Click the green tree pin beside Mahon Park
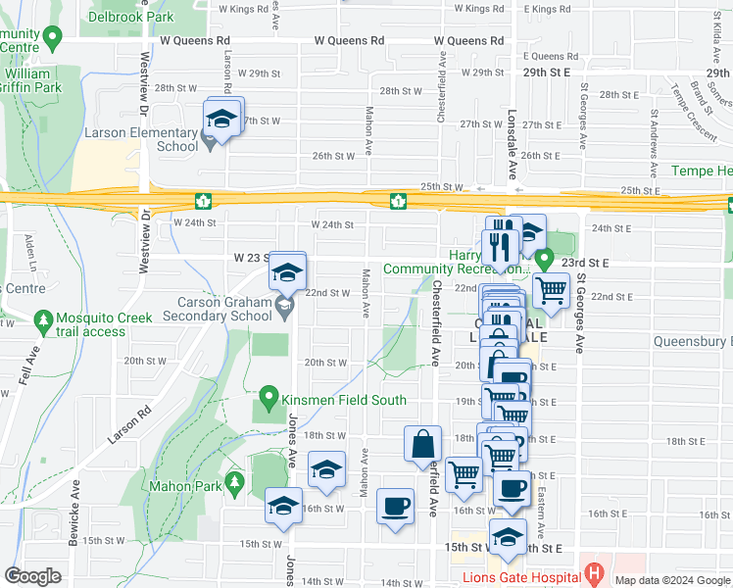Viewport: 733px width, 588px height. pyautogui.click(x=234, y=482)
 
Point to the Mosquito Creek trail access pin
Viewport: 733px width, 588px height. pyautogui.click(x=42, y=319)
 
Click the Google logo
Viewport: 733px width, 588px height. pyautogui.click(x=33, y=576)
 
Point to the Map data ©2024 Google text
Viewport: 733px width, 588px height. pyautogui.click(x=671, y=580)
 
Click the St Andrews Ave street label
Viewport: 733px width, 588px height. pyautogui.click(x=650, y=143)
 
